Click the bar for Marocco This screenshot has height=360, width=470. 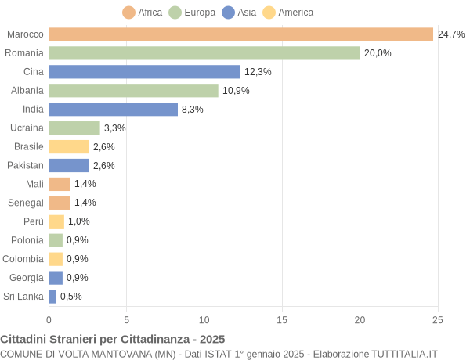click(240, 34)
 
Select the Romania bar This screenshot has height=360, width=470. click(204, 53)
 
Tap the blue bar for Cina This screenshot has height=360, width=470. click(144, 72)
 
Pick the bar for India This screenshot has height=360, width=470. click(113, 110)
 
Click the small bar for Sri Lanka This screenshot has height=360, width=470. click(52, 297)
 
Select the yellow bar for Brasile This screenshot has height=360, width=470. click(69, 147)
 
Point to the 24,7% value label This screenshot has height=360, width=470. click(451, 34)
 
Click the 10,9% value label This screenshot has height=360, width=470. click(236, 91)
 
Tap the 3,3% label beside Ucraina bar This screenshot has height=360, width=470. click(115, 128)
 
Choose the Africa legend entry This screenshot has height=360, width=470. click(143, 13)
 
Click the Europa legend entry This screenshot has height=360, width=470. click(191, 13)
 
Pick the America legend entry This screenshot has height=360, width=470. click(287, 13)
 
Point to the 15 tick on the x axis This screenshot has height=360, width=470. click(282, 319)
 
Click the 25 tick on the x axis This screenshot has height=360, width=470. click(438, 319)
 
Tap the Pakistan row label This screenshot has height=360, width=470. click(25, 165)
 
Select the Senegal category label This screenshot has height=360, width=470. click(26, 203)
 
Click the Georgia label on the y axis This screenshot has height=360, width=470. click(26, 278)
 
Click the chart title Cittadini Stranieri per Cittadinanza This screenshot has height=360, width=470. click(113, 340)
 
